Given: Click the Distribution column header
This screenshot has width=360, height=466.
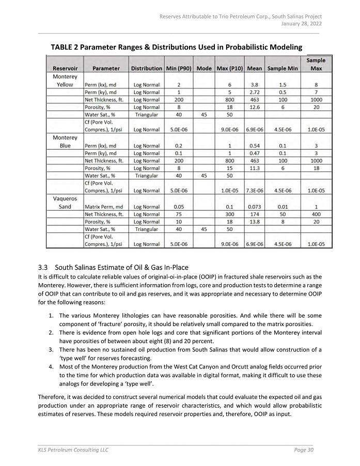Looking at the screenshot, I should point(146,68).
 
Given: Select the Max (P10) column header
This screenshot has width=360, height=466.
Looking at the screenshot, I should point(230,68).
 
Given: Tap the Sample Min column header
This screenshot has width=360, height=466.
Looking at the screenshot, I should point(283,68).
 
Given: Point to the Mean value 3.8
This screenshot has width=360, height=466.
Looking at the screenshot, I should point(254,85).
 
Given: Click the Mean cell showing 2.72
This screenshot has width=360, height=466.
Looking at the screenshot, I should point(254,92).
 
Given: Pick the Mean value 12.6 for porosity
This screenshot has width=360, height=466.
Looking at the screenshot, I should point(254,107).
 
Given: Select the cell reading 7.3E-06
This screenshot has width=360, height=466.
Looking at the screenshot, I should point(254,191).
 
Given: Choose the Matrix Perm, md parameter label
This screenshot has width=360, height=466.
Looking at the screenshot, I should point(104,207).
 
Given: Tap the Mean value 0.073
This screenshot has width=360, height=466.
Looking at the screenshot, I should point(254,207).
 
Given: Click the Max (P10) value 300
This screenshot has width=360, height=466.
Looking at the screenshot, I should point(230,214).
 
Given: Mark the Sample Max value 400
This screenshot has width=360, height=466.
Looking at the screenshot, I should point(316,214).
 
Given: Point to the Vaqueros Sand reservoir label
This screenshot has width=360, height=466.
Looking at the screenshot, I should point(65,203).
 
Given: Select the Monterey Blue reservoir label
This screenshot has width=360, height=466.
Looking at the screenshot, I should point(65,142).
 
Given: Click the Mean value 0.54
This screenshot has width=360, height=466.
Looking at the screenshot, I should point(254,146).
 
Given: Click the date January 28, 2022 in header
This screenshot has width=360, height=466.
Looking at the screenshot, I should point(301,24).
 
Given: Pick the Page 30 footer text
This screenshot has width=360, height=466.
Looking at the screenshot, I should point(304,450).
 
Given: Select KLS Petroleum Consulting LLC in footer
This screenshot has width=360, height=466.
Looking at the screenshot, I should point(73,450).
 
